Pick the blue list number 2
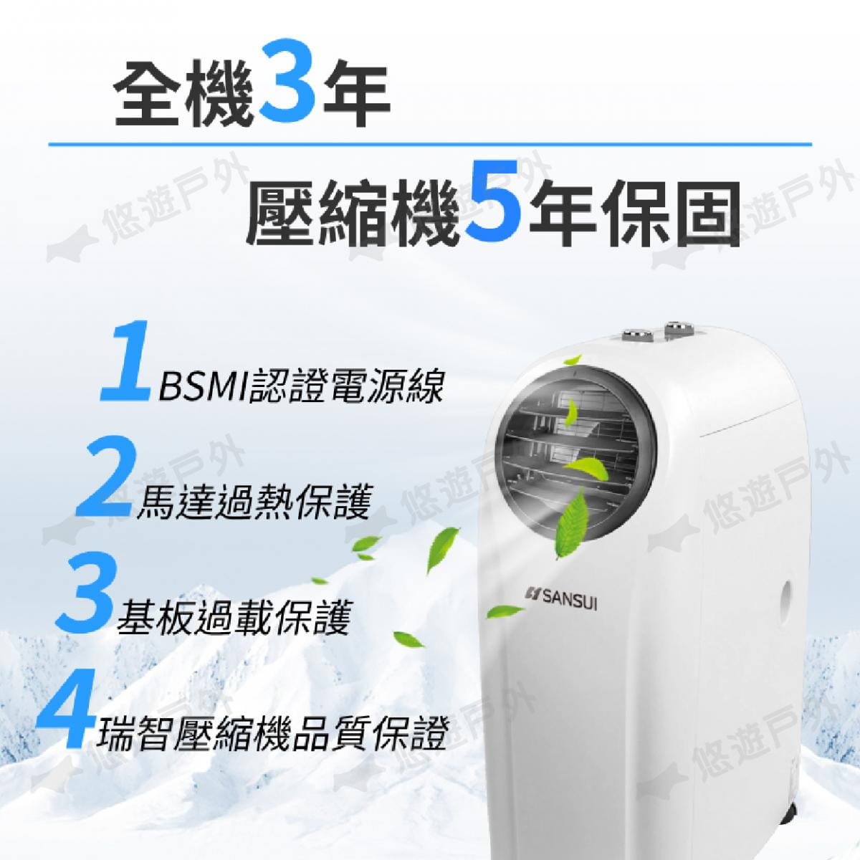pyautogui.click(x=106, y=478)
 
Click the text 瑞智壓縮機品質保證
pyautogui.click(x=272, y=730)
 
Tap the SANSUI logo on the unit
pyautogui.click(x=563, y=604)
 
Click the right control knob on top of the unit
pyautogui.click(x=677, y=327)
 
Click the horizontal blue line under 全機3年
pyautogui.click(x=430, y=145)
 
